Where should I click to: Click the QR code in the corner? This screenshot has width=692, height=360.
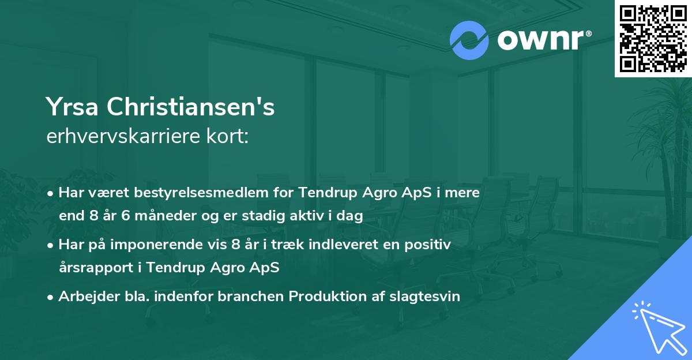point(653,38)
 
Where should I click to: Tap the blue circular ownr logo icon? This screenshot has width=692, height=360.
point(469,40)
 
